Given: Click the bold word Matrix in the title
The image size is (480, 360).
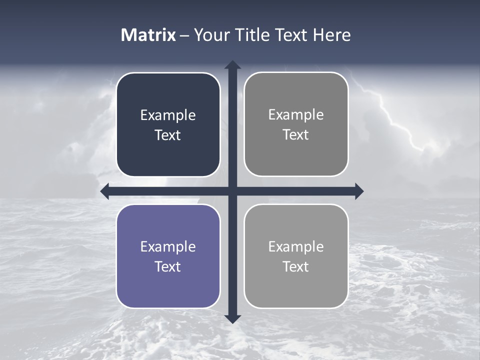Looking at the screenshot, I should pos(148,35).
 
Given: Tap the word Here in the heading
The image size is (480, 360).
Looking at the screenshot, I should pos(332,35).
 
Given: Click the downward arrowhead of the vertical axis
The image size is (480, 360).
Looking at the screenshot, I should pos(232,318).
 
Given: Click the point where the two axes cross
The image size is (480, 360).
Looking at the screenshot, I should pos(232,191).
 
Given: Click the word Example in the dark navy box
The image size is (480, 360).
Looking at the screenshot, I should pos(168,115).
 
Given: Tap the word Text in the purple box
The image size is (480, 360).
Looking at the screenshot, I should pos(168,266).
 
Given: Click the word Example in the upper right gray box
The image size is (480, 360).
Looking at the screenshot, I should pos(296,114).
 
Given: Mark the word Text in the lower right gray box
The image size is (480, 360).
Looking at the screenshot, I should pos(296,266).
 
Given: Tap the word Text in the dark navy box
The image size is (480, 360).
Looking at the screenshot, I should pos(168,135).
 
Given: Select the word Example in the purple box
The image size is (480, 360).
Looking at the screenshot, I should pos(168,246).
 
